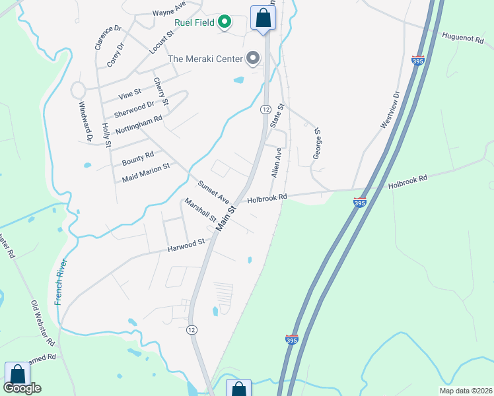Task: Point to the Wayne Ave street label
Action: pyautogui.click(x=169, y=12)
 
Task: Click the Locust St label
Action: pyautogui.click(x=160, y=42)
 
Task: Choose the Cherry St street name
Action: pyautogui.click(x=161, y=92)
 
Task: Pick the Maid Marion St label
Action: pyautogui.click(x=146, y=172)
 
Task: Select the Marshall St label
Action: pyautogui.click(x=200, y=210)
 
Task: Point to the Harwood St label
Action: pyautogui.click(x=186, y=245)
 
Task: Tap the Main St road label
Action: pyautogui.click(x=227, y=218)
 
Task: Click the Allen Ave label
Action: pyautogui.click(x=277, y=162)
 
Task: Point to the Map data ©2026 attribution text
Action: pyautogui.click(x=465, y=390)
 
